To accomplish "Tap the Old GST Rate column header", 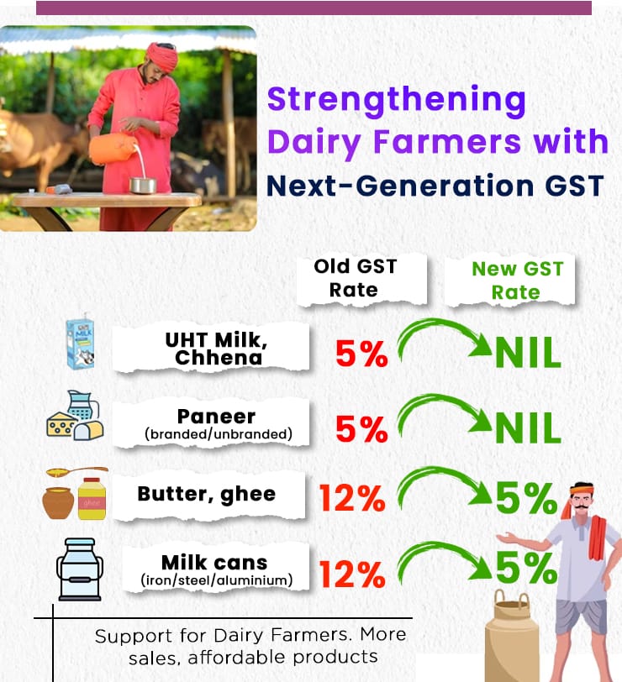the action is [355, 278].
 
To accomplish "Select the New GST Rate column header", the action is [517, 281].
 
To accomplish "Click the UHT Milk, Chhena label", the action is [216, 349].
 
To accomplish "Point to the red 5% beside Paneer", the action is [361, 429].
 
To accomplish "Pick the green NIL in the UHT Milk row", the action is [528, 353].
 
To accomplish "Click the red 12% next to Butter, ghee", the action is [352, 498].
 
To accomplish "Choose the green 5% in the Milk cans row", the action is [526, 568].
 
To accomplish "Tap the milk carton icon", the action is [80, 342].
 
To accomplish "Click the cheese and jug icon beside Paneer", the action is [75, 416].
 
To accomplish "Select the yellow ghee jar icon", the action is [92, 498].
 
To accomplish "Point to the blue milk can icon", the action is [80, 569].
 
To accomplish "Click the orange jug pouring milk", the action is [111, 148].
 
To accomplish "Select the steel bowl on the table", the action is [143, 186].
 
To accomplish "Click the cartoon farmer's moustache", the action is [582, 506].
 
